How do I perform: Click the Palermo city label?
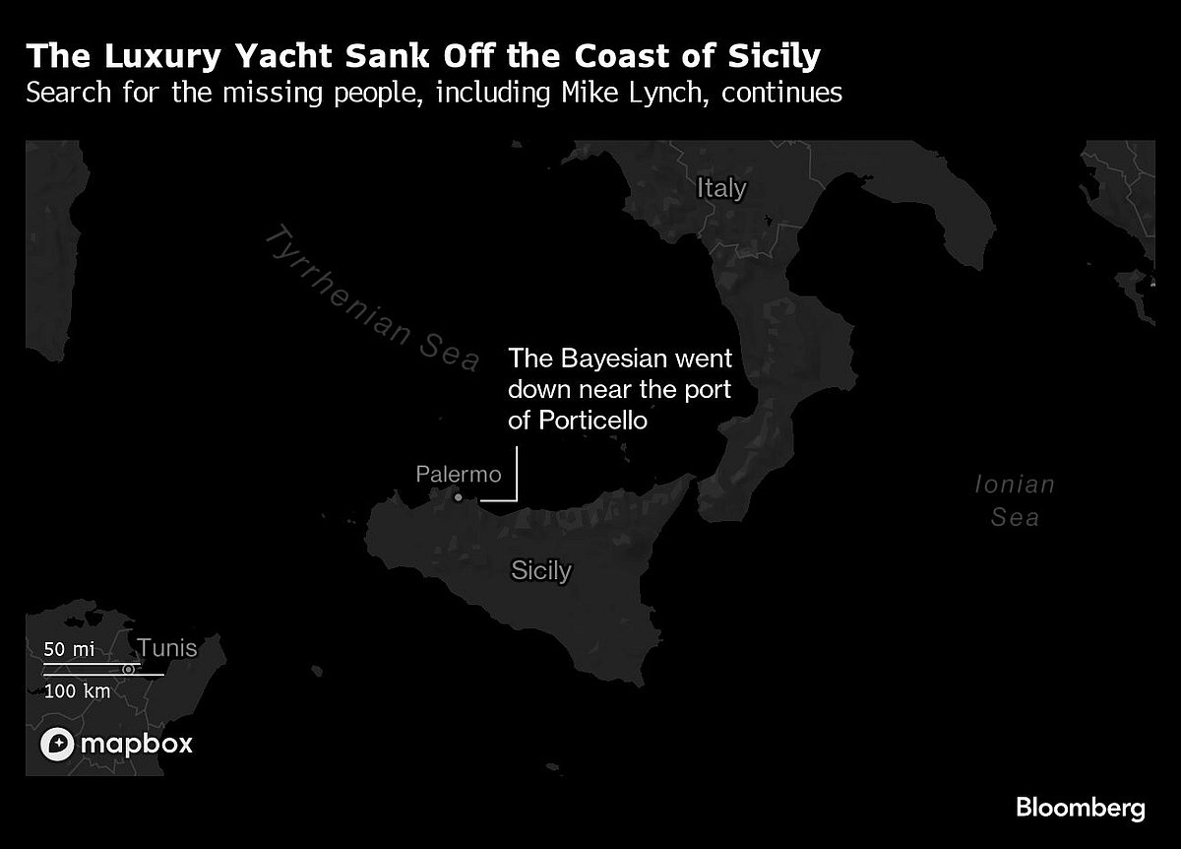pos(460,475)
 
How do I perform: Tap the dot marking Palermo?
pos(458,497)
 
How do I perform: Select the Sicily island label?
pos(540,570)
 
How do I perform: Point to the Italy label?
pos(721,188)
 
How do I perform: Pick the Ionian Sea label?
pos(1015,499)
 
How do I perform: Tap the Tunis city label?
pos(167,648)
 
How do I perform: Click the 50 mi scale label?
pos(69,649)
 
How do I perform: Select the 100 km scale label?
pos(77,690)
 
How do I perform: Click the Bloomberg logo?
pos(1080,809)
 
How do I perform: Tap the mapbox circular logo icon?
pos(57,745)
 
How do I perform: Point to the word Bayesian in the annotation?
pos(604,358)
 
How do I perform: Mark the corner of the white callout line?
pos(516,500)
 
